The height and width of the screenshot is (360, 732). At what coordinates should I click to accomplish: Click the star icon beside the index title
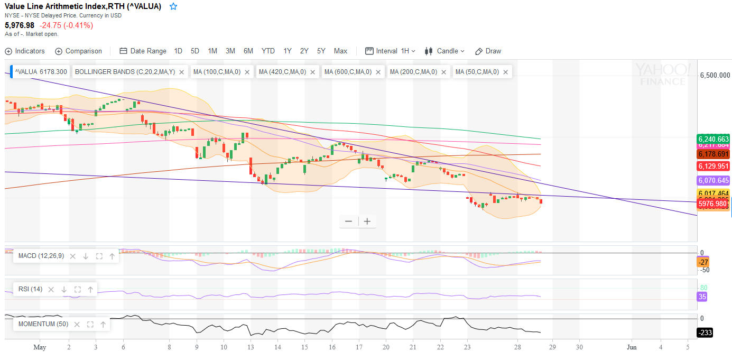coord(173,7)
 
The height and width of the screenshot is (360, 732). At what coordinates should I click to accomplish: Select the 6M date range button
coord(248,51)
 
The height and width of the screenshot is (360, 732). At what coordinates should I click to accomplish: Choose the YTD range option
coord(268,51)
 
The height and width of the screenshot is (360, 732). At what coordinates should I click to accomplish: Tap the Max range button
coord(340,51)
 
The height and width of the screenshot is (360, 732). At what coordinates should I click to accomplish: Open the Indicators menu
coord(25,51)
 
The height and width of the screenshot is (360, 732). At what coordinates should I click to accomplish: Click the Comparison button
coord(78,51)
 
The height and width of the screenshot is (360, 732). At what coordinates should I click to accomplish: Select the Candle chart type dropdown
coord(444,51)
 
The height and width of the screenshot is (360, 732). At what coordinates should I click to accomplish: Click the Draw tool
coord(488,51)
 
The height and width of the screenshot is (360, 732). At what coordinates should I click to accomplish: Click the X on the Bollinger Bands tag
coord(182,72)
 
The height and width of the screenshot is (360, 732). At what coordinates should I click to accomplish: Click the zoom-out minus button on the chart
coord(348,221)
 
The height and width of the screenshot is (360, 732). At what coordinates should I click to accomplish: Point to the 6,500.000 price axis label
coord(715,76)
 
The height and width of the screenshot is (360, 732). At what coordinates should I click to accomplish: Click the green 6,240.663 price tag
coord(714,139)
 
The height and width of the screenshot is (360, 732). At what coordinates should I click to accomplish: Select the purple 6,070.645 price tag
coord(714,180)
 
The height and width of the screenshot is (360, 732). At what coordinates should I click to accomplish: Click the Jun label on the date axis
coord(632,347)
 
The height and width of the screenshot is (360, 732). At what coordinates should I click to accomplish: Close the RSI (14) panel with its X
coord(51,289)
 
